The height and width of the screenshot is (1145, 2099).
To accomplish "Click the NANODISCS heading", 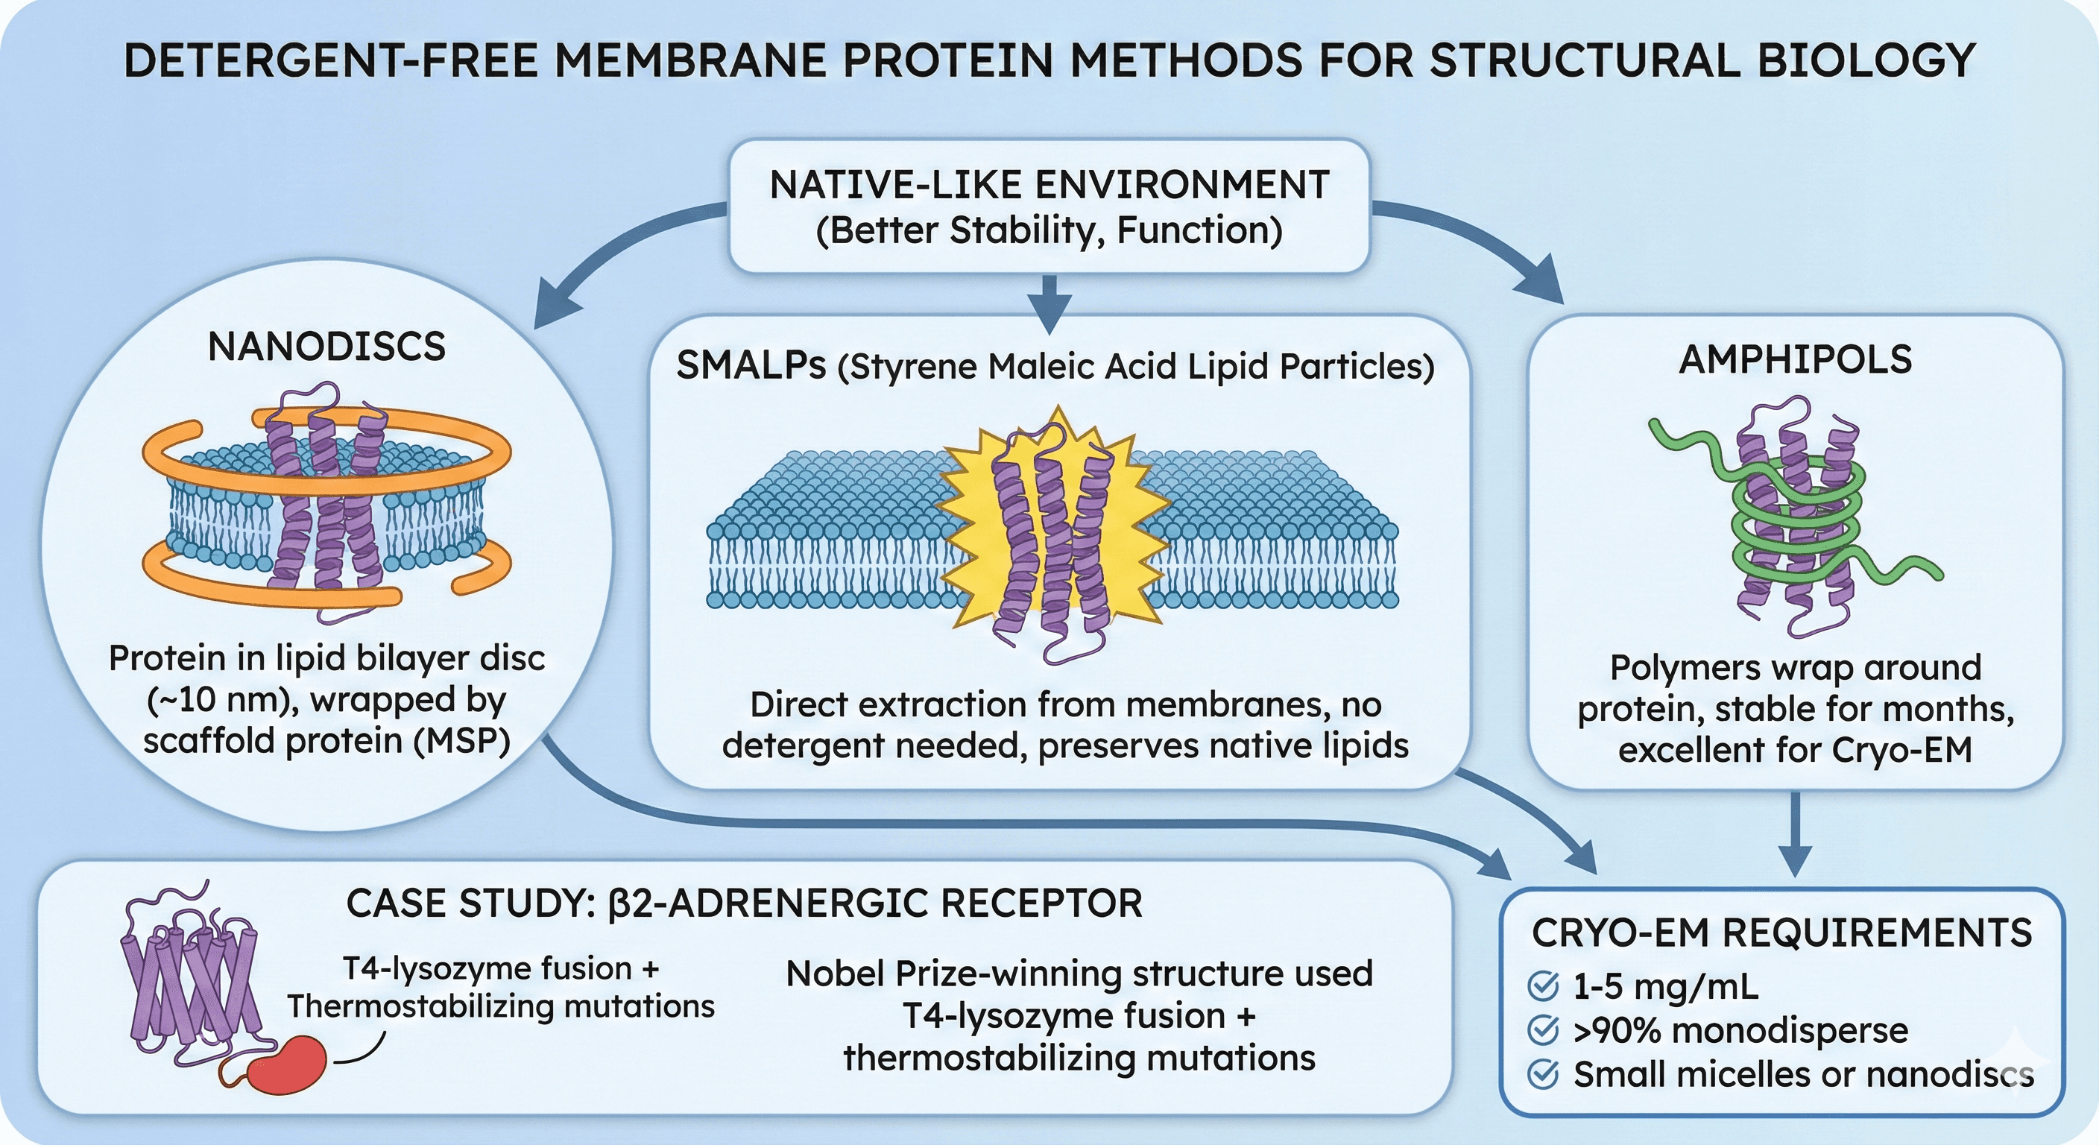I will click(x=326, y=347).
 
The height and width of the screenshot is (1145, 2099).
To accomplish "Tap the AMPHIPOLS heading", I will click(x=1795, y=359).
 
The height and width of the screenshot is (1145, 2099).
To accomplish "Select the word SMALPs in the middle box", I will click(x=751, y=366).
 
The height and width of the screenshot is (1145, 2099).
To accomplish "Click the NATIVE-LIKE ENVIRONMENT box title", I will click(x=1049, y=185).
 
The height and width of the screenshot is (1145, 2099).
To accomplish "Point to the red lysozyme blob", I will click(x=287, y=1064).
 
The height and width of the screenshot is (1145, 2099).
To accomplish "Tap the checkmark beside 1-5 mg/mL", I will click(x=1542, y=986).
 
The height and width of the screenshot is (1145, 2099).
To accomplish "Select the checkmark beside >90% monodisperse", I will click(x=1542, y=1030).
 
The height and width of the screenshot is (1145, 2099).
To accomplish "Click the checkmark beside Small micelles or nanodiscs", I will click(x=1542, y=1074).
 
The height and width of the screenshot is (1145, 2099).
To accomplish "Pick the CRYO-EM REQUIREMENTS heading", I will click(x=1781, y=933).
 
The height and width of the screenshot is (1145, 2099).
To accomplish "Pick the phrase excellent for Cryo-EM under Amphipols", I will click(x=1795, y=750).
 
